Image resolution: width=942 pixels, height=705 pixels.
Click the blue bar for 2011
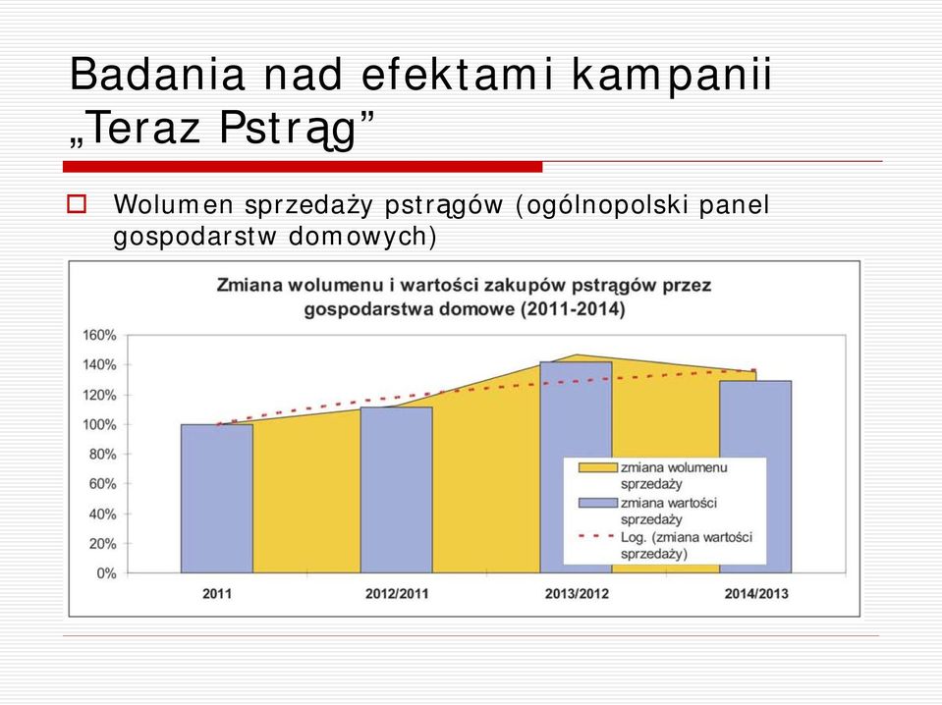pos(217,499)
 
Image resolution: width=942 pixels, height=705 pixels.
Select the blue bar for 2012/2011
pos(397,490)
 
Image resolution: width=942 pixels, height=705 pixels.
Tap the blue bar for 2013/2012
pos(576,467)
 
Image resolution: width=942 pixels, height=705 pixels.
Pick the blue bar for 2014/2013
pos(755,477)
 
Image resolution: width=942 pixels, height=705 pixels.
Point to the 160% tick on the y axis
pos(100,335)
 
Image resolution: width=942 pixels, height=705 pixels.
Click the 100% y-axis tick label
pos(100,424)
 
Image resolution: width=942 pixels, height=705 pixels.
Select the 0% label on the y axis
pos(106,573)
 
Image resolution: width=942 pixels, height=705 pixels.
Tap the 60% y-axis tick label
pos(103,484)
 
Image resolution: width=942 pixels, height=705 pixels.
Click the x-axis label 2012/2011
pos(397,594)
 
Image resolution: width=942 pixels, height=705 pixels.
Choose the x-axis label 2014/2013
pos(755,594)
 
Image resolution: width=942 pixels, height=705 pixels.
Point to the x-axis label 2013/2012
pos(577,594)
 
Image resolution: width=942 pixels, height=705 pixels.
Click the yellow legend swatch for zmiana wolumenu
pos(598,467)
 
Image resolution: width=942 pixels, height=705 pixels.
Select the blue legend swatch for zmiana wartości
pos(598,503)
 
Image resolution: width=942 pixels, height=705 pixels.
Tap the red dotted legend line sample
pos(597,536)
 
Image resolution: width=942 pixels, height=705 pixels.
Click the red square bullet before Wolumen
pos(77,204)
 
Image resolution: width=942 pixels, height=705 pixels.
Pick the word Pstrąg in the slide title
pos(289,129)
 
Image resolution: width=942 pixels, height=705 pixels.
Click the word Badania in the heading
pos(157,74)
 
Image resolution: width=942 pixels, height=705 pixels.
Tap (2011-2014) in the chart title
pos(573,309)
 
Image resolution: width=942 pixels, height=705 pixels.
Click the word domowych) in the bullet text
pos(362,236)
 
